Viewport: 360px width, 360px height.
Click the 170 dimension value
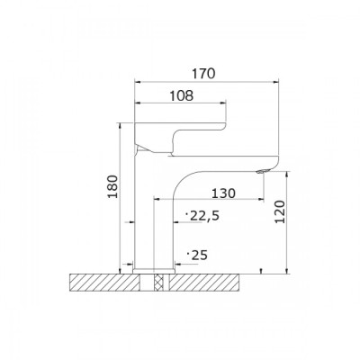[204, 74]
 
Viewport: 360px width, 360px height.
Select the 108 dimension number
[182, 95]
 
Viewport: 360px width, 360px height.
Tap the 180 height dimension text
[113, 186]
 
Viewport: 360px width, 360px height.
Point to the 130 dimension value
[223, 193]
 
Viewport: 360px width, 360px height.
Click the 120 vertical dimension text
[280, 212]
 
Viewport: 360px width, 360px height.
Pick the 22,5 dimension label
[202, 216]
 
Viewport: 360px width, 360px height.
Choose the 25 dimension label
[197, 256]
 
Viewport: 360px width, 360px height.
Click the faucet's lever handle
[180, 137]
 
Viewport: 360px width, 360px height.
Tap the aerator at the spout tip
[261, 171]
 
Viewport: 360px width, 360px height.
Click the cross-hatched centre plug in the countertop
[157, 283]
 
